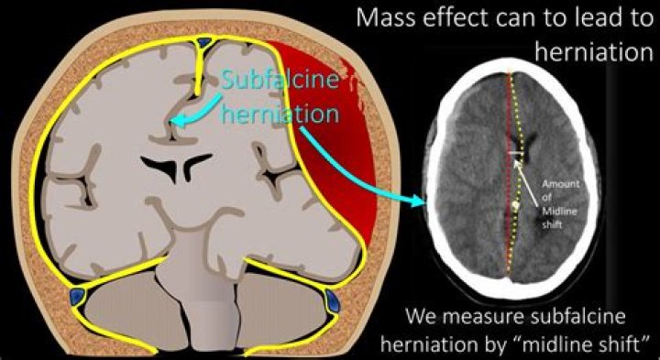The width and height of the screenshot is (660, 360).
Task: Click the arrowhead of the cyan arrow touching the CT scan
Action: click(x=423, y=203)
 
